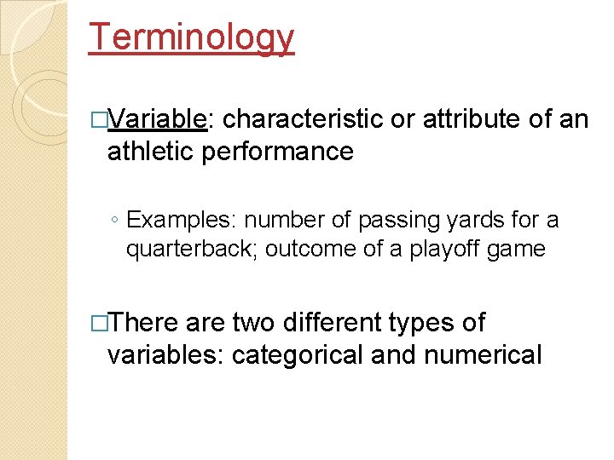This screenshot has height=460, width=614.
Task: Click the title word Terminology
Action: coord(192,37)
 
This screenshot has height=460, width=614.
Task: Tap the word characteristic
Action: coord(302,119)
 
